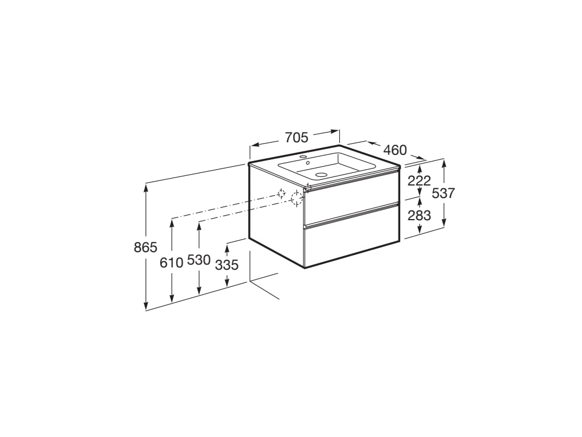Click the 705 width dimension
[296, 137]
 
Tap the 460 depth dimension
[395, 150]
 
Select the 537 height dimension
[443, 193]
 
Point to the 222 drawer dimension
[419, 181]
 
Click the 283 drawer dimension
[419, 216]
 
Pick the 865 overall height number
[145, 248]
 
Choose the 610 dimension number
[172, 262]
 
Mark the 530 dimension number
[199, 261]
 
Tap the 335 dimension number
[227, 265]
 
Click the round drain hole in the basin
[322, 175]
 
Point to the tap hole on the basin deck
[303, 156]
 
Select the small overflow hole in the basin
[307, 163]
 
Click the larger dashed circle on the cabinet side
[296, 199]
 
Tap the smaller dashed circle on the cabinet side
[281, 193]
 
